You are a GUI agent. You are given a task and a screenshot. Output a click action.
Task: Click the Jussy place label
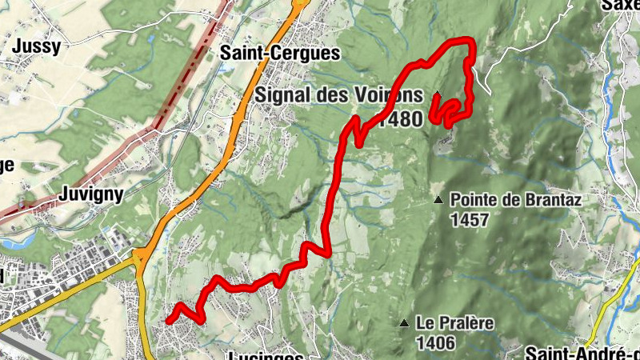click(x=36, y=46)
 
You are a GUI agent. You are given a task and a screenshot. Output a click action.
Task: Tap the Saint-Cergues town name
click(x=280, y=54)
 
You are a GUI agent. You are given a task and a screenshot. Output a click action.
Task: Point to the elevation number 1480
click(x=401, y=119)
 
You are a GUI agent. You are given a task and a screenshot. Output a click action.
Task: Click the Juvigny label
click(x=90, y=194)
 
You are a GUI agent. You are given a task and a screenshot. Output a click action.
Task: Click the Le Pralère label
click(x=455, y=324)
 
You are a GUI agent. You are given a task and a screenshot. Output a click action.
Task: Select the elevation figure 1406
click(x=436, y=343)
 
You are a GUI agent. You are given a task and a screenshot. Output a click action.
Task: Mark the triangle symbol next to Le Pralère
click(x=405, y=323)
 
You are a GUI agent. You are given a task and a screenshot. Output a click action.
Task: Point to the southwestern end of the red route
click(x=169, y=320)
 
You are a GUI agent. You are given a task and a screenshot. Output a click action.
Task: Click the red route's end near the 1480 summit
click(x=436, y=98)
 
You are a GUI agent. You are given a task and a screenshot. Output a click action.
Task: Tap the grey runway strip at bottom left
click(x=16, y=344)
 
